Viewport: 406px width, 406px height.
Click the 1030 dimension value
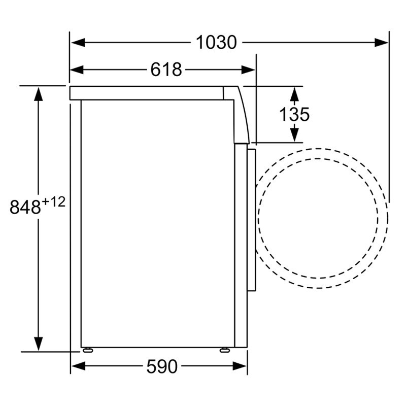[216, 42]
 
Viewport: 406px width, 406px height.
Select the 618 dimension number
[166, 70]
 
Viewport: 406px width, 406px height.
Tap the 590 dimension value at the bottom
[162, 366]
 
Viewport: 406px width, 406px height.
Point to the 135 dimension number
[294, 114]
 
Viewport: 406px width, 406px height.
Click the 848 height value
[25, 207]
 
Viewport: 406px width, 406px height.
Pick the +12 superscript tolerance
[54, 202]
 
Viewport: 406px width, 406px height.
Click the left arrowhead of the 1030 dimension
[78, 43]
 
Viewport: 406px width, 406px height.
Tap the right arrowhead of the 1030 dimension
[381, 43]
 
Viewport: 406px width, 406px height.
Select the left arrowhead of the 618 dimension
[77, 70]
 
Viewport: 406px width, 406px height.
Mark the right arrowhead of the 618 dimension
[248, 70]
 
